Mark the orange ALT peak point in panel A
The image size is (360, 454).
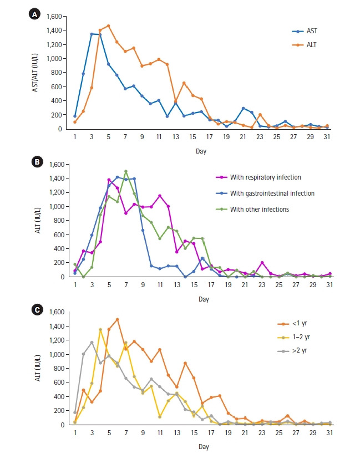(x=109, y=25)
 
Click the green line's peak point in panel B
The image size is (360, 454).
(x=126, y=171)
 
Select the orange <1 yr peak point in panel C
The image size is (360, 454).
(x=117, y=319)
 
